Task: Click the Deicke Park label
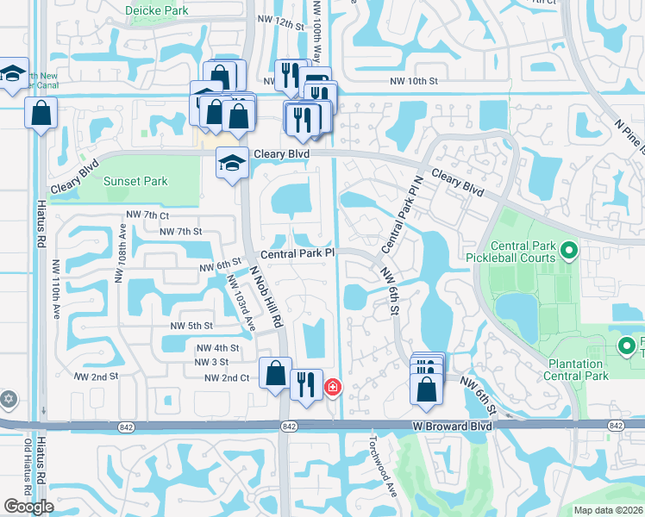point(156,10)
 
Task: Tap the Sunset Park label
point(135,181)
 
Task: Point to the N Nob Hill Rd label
point(267,296)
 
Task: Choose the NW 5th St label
point(191,326)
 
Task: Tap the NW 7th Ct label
point(146,214)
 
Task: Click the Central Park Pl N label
point(400,223)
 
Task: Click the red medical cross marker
point(331,389)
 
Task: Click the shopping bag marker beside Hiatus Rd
point(41,113)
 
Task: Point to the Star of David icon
point(9,400)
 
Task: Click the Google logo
point(29,507)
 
